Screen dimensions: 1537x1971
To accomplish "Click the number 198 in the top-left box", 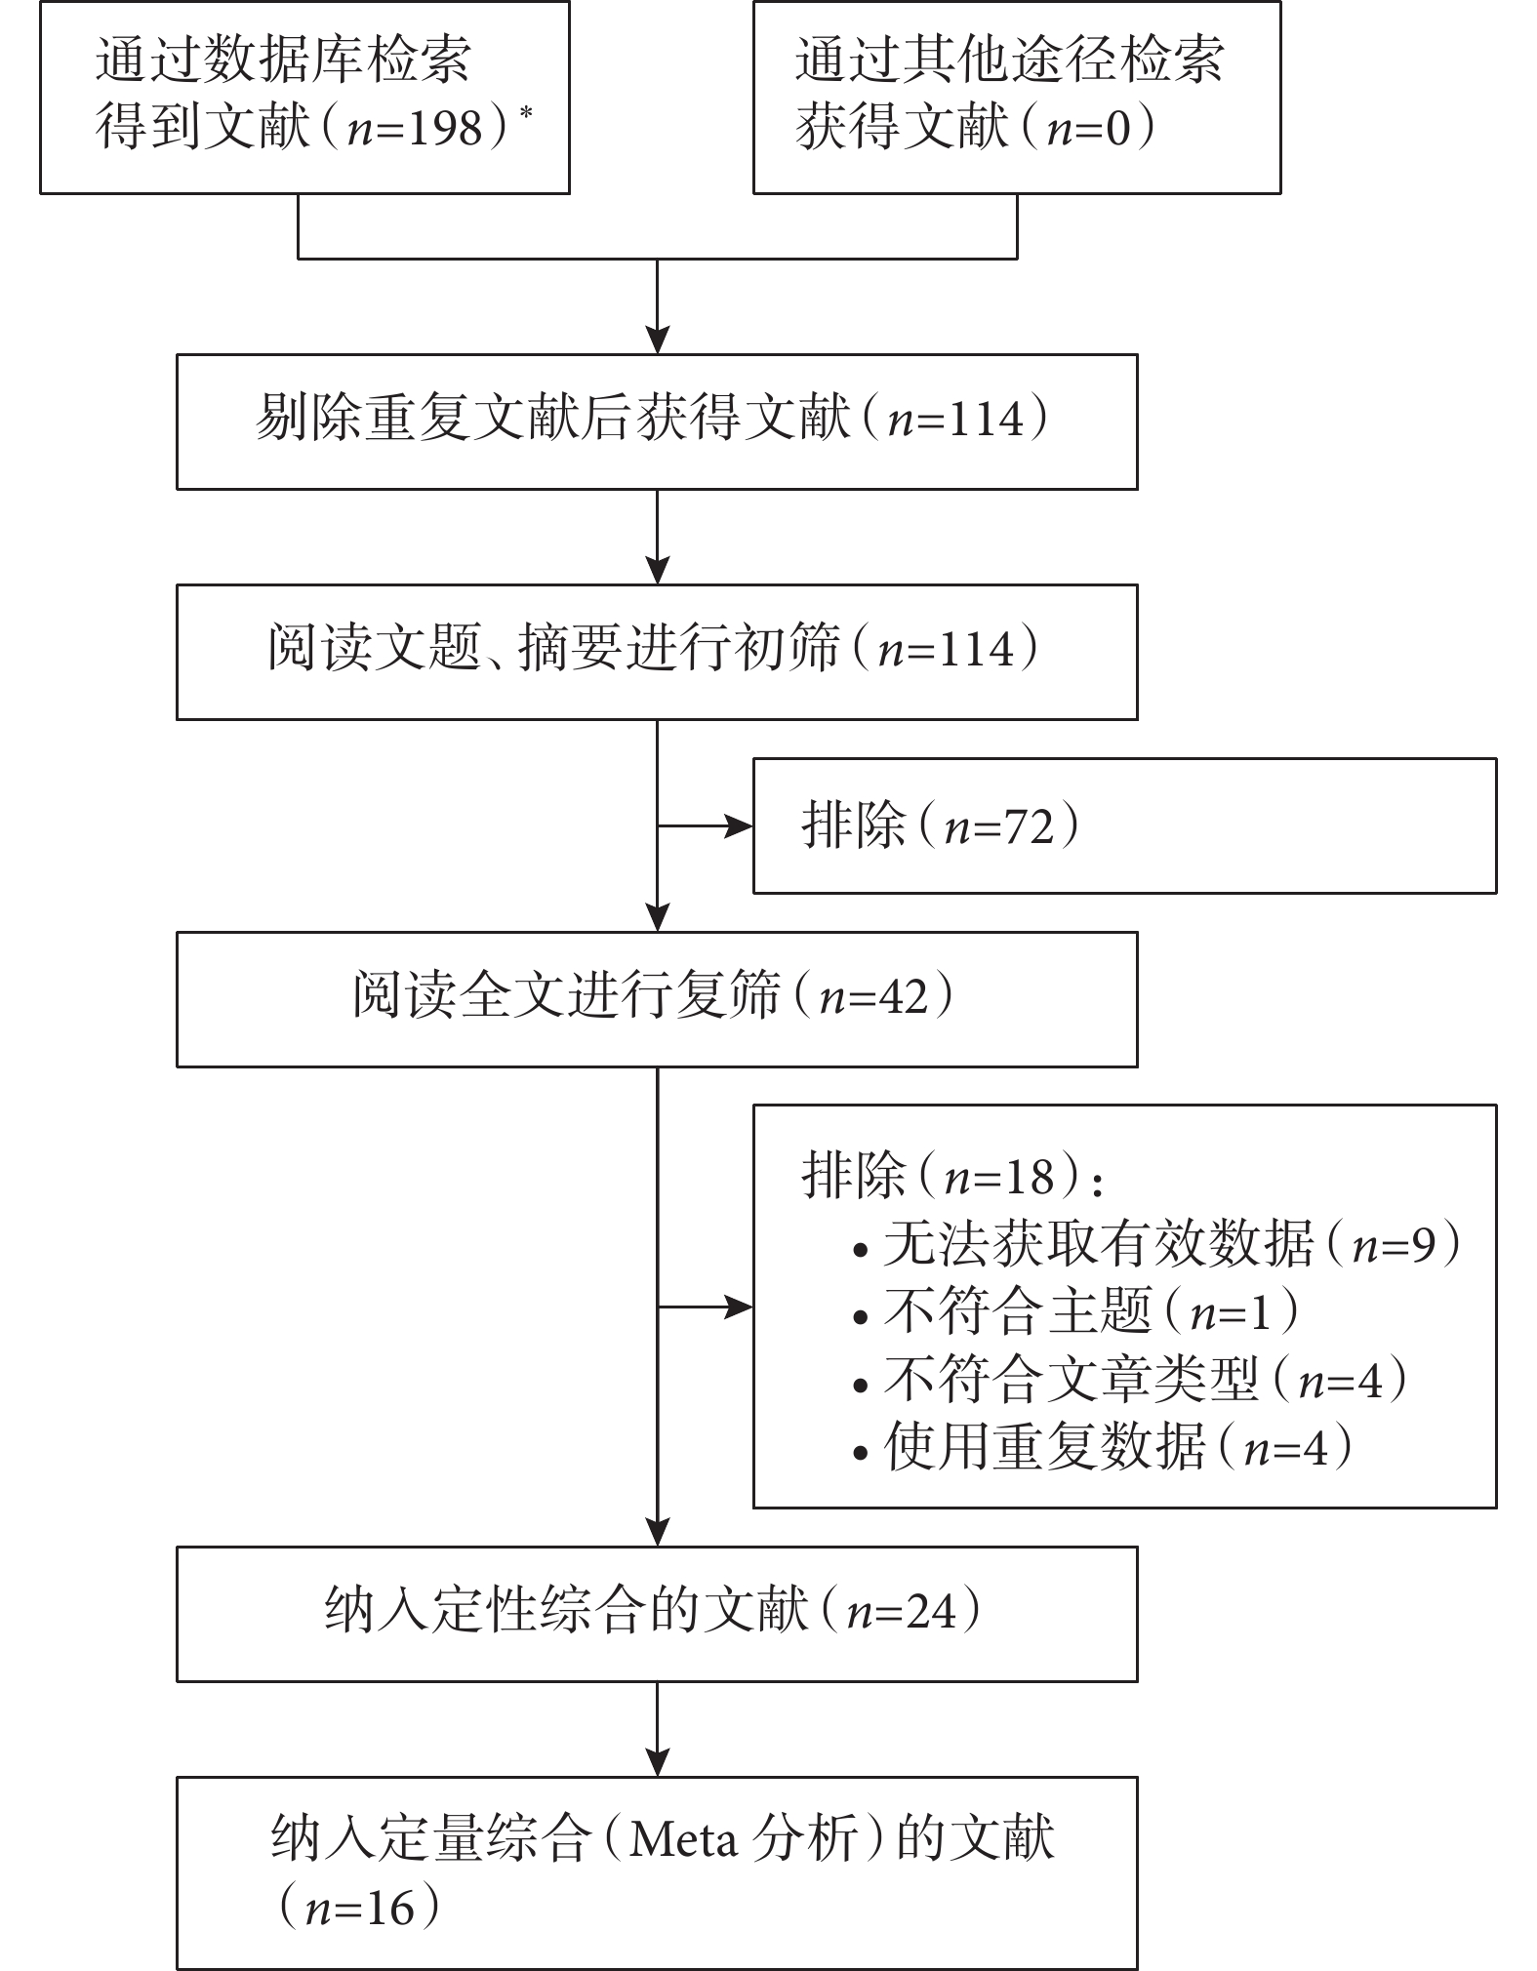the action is tap(444, 127).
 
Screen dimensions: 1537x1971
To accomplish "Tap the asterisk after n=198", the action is tap(527, 111).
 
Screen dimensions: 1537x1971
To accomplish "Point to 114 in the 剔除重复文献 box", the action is tap(986, 421).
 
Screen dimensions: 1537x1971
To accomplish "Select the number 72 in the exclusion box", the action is tap(1029, 826).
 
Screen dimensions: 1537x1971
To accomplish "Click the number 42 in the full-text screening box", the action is tap(903, 998).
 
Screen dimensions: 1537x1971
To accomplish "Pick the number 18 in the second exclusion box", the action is tap(1029, 1177).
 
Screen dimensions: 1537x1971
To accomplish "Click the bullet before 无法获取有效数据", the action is tap(860, 1250).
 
